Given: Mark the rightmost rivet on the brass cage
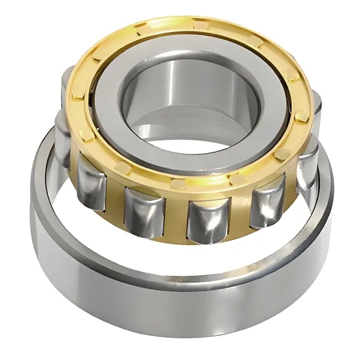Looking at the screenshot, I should tap(303, 118).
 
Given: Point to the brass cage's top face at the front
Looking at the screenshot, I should tap(196, 180).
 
